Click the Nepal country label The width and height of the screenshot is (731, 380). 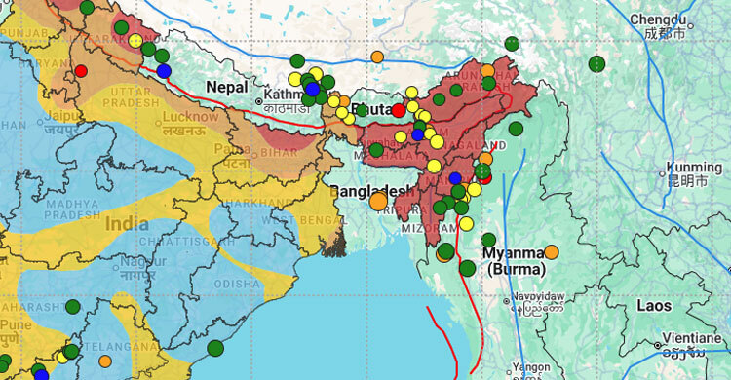coord(226,88)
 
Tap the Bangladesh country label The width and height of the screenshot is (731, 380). coord(373,189)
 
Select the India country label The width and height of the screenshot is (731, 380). coord(127,223)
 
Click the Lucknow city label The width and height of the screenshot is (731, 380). coord(189,117)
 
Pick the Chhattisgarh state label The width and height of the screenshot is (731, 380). coord(175,241)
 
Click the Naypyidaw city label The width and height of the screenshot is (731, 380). coord(541,296)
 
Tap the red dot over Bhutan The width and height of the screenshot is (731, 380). coord(399,110)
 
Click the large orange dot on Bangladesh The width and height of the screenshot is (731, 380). coord(378,202)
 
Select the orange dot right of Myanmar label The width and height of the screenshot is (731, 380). coord(551,251)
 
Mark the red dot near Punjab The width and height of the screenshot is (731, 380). coord(81,70)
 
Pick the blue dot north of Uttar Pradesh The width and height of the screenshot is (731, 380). coord(164,71)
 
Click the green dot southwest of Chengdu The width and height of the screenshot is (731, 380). coord(596,64)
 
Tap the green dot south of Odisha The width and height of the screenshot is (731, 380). coord(215,348)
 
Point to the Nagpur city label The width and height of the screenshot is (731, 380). coord(134,261)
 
